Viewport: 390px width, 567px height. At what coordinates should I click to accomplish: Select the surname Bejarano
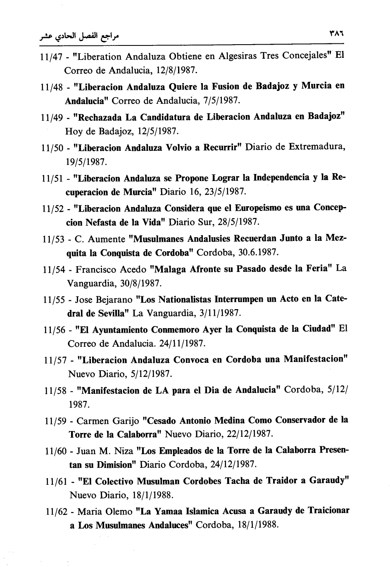(x=114, y=300)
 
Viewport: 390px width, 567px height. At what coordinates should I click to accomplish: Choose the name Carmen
(x=92, y=421)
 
